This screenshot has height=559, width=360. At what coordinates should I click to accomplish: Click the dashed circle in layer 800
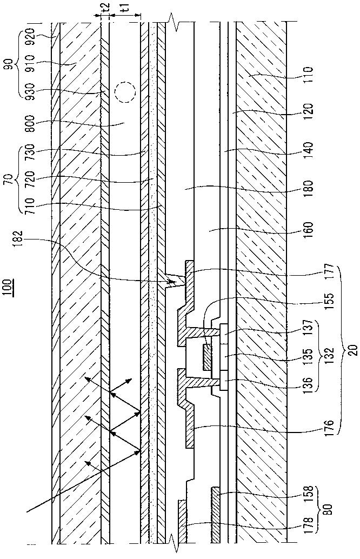pos(125,93)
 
